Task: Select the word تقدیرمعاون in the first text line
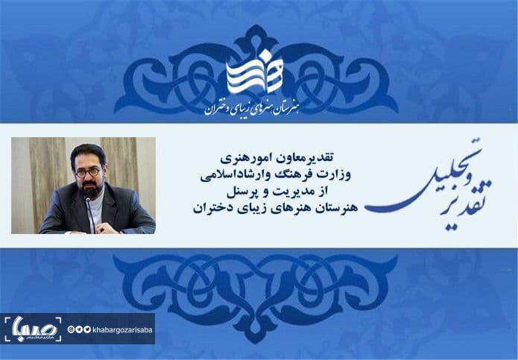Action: (306, 158)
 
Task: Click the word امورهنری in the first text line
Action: (247, 158)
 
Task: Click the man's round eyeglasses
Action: (88, 172)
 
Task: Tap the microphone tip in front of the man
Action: (87, 199)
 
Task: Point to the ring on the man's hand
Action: (103, 229)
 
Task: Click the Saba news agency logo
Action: (33, 329)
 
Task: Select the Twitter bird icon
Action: (87, 329)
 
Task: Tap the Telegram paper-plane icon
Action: (79, 329)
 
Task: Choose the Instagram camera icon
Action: (71, 329)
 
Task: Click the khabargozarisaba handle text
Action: (122, 329)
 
